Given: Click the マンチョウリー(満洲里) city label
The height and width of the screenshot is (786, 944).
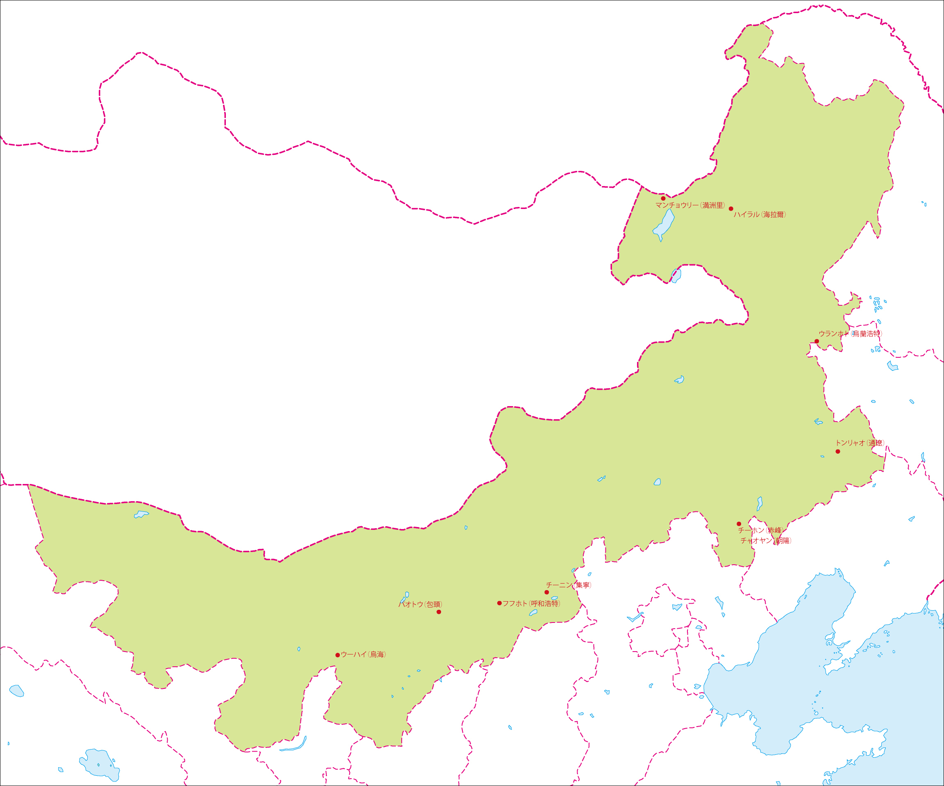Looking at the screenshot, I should (690, 205).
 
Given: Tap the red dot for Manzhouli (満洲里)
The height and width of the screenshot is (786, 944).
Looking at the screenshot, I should (663, 198).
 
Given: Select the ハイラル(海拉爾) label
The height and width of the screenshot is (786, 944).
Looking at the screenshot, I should (760, 214).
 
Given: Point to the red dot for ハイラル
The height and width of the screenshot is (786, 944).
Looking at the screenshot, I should (731, 209).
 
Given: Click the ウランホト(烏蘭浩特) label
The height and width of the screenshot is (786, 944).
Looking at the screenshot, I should (850, 334).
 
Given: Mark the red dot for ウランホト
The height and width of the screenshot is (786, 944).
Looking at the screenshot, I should (817, 341).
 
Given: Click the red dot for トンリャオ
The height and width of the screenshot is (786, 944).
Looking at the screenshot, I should (838, 451).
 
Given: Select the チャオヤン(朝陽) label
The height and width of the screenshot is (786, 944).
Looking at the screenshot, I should (766, 540).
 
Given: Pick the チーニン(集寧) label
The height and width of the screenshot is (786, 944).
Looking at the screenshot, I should (569, 585).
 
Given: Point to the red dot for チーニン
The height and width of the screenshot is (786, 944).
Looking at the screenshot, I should (547, 592).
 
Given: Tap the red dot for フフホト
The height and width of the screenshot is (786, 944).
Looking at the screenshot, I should (499, 603).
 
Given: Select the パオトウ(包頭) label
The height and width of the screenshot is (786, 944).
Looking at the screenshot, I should (420, 604).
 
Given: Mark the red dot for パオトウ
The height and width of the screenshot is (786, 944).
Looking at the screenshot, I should (439, 612).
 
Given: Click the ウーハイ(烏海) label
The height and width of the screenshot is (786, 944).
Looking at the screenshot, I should (363, 654).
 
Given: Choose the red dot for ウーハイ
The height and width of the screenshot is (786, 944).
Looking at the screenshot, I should (338, 655).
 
